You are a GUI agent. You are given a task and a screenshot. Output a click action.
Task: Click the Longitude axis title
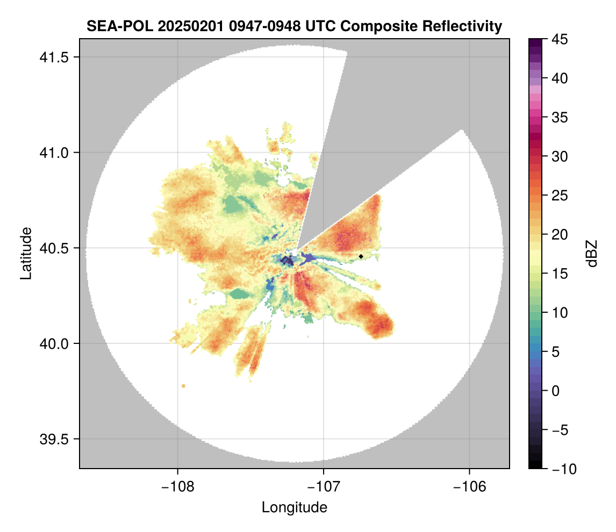[294, 507]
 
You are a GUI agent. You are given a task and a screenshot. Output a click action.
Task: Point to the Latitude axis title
[26, 253]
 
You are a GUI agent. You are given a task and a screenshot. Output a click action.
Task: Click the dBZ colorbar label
[592, 253]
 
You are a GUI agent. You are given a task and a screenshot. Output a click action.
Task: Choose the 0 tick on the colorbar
[555, 391]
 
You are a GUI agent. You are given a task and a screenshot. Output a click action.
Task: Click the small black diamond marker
[361, 256]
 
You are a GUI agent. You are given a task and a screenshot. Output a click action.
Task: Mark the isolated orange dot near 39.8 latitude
[184, 386]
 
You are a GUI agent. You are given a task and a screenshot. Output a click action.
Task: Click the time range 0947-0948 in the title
[256, 26]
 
